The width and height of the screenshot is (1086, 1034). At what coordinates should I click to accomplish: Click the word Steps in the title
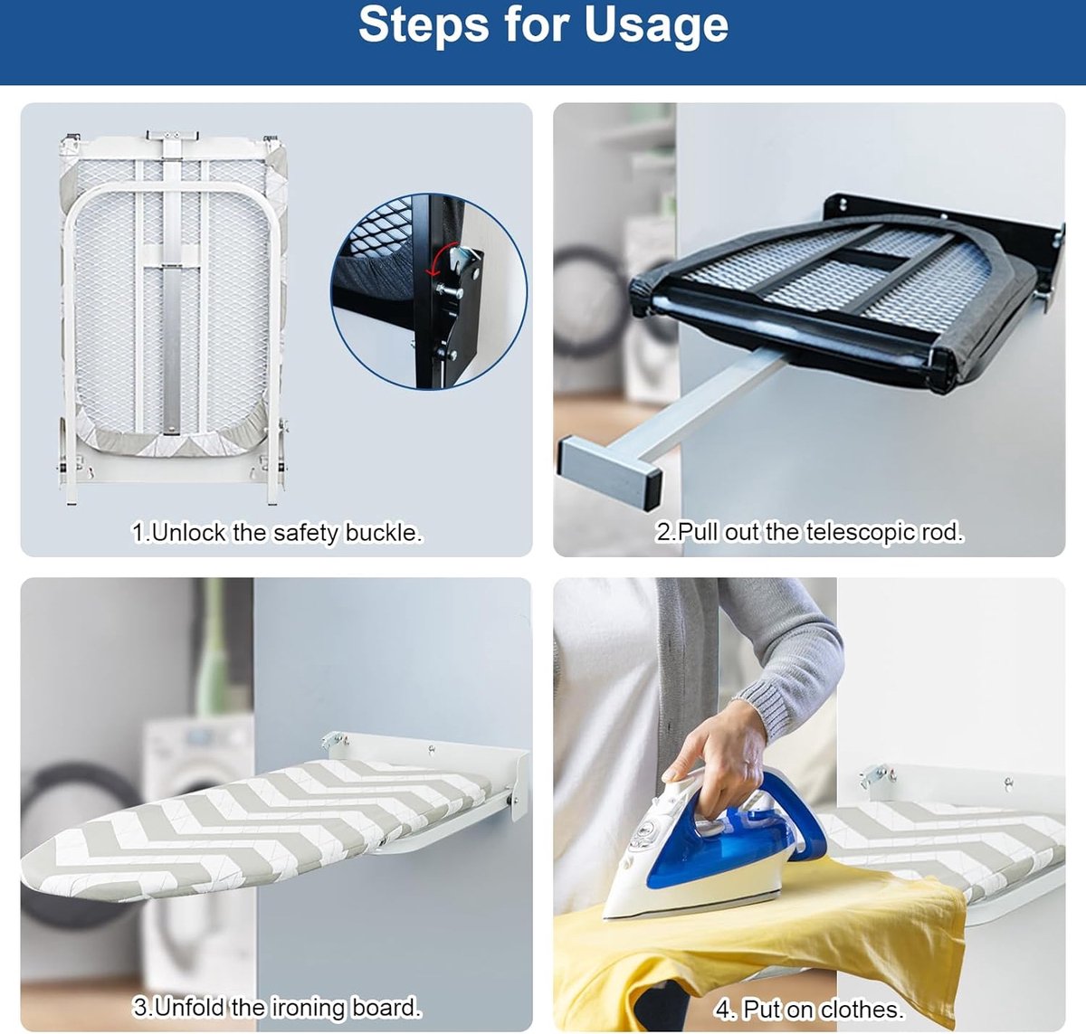coord(424,24)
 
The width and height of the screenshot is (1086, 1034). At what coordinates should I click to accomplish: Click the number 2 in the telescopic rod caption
coord(662,532)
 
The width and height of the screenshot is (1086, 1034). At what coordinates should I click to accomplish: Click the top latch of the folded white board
coord(172,136)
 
